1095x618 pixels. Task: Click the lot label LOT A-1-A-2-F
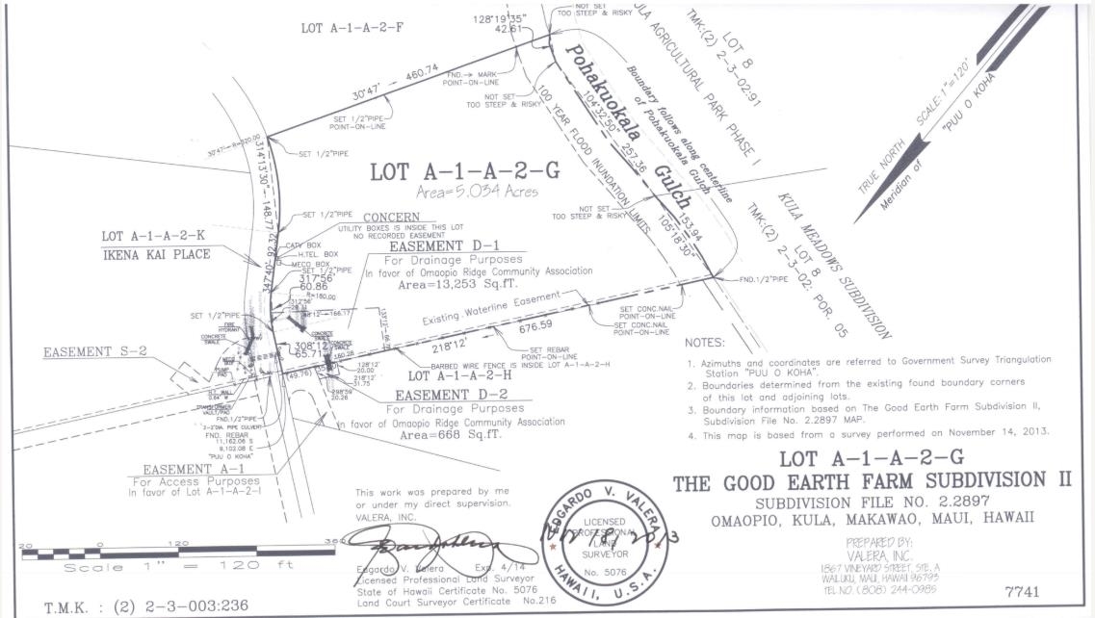point(352,28)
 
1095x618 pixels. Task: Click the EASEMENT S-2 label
point(95,351)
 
